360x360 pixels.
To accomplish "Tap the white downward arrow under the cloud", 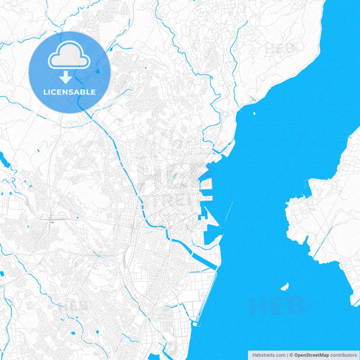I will [x=69, y=77].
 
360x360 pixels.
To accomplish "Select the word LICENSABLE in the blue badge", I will [x=70, y=92].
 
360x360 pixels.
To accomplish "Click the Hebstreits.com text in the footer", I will [x=268, y=354].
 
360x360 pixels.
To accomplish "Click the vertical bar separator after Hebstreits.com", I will [x=287, y=354].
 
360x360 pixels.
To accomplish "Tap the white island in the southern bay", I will [x=285, y=286].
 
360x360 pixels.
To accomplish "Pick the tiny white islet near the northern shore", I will [x=254, y=113].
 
